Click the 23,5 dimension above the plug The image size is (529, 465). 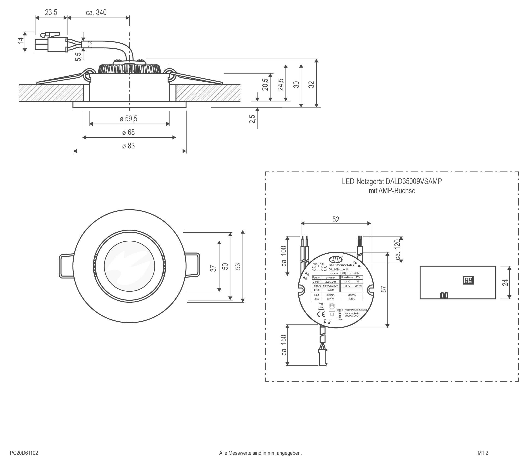(51, 12)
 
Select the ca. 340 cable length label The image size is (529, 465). (96, 12)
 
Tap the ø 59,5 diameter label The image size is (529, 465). (128, 119)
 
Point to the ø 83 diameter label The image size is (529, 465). (128, 146)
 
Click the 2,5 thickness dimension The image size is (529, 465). (252, 119)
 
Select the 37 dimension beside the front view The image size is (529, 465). (213, 268)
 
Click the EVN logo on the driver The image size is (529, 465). (336, 259)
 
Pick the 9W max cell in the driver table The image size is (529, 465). (331, 277)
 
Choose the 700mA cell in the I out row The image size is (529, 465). (352, 295)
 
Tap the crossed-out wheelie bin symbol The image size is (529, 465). (321, 306)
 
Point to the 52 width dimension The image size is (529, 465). (336, 219)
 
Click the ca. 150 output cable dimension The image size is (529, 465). (284, 345)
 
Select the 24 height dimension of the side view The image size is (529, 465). (505, 282)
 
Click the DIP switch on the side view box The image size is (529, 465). (468, 280)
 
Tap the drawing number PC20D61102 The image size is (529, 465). (24, 453)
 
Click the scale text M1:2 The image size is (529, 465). (483, 453)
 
